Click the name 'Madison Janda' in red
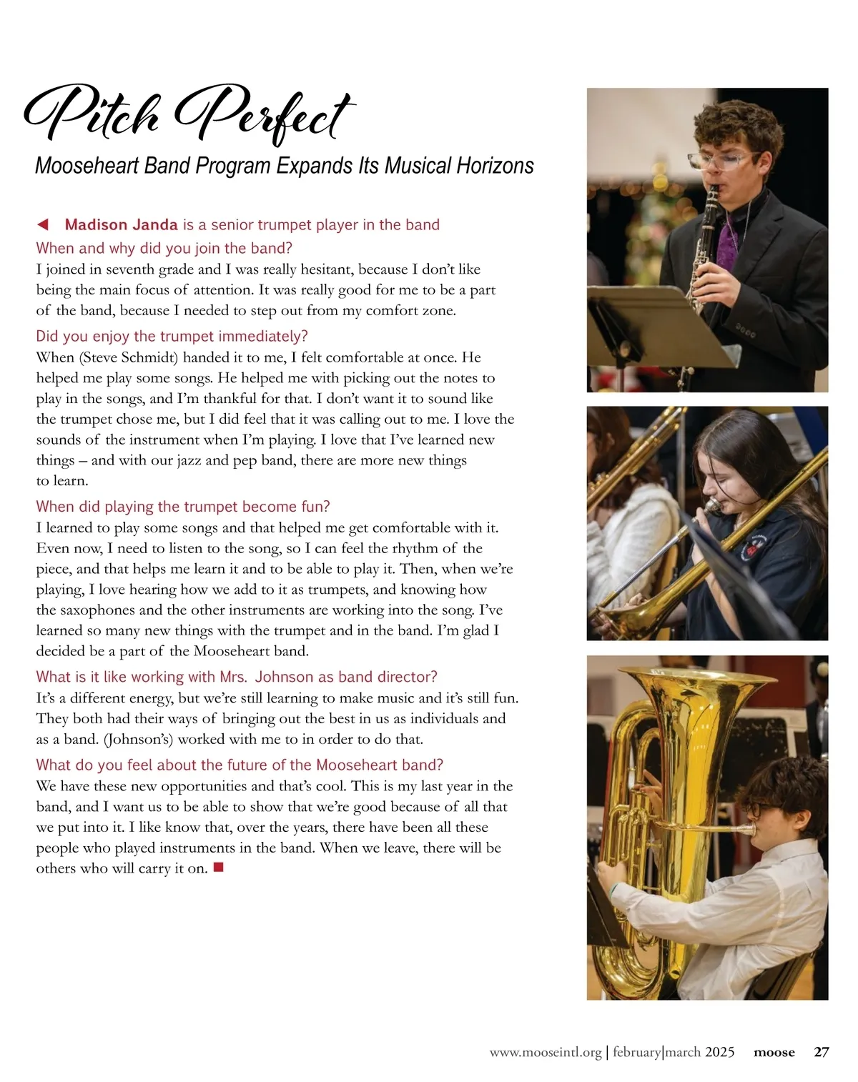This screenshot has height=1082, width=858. (121, 224)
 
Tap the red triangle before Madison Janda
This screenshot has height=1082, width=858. (43, 224)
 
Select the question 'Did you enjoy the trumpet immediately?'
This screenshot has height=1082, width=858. (172, 336)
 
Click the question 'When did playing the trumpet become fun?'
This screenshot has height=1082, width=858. (183, 507)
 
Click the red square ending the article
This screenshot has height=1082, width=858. (219, 868)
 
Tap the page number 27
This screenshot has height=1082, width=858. (822, 1052)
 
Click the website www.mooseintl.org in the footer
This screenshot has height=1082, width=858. (546, 1052)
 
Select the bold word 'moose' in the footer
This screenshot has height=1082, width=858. (774, 1052)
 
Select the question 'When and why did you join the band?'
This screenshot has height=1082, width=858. (164, 248)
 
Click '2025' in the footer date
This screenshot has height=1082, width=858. (719, 1052)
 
